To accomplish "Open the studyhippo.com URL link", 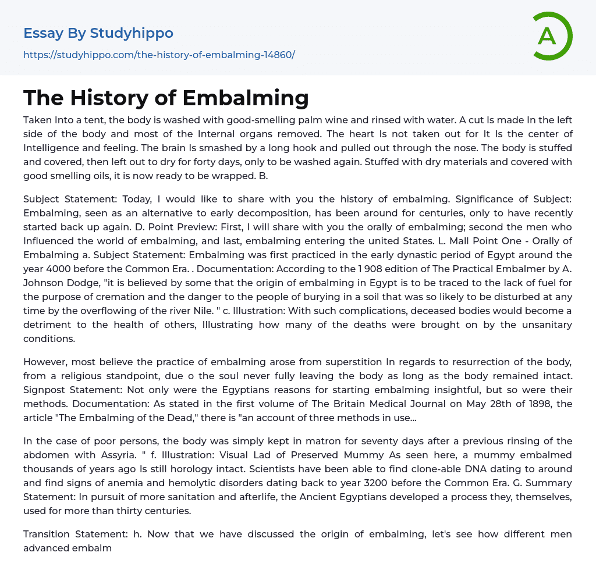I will click(159, 55).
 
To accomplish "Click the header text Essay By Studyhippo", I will click(98, 33).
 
